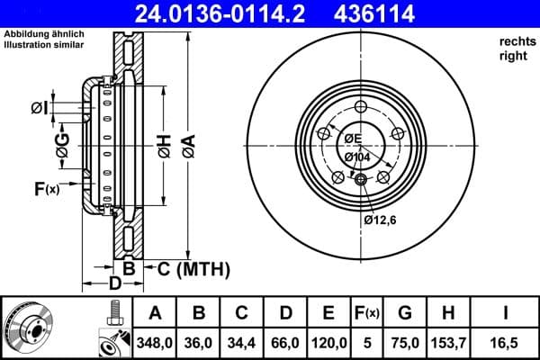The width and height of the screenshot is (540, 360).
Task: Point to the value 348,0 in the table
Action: tap(155, 341)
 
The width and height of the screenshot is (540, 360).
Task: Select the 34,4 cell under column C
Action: tap(242, 341)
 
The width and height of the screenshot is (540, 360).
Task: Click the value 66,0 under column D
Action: tap(284, 341)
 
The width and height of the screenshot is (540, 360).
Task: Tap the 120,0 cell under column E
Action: tap(328, 341)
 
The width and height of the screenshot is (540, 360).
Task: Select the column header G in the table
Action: tap(405, 313)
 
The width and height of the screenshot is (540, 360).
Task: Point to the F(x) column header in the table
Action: tap(367, 313)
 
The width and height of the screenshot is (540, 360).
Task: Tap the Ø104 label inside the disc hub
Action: tap(357, 157)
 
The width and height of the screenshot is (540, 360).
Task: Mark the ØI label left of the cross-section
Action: tap(39, 108)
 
